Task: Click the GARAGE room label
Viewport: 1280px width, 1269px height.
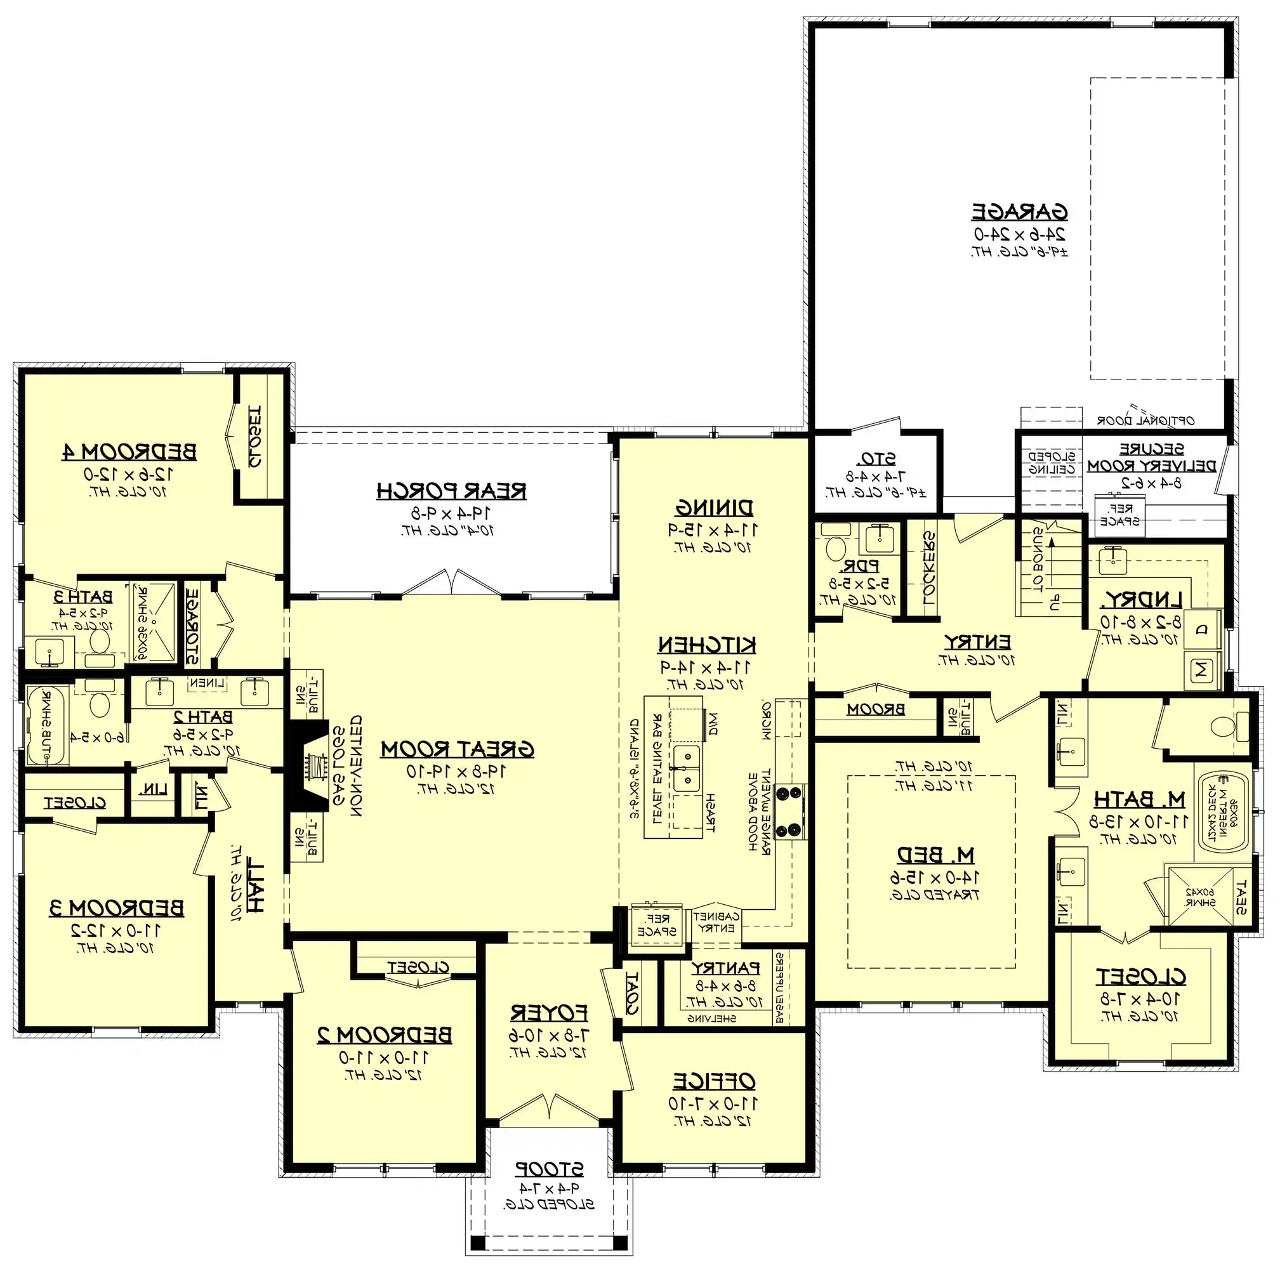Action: point(1020,212)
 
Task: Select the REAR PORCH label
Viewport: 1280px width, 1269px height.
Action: point(451,490)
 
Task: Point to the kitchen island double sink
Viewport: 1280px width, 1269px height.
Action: point(687,768)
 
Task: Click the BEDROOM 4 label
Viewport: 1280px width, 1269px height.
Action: point(129,452)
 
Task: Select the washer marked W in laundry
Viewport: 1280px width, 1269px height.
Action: point(1203,670)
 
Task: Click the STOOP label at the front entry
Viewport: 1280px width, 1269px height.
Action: point(549,1168)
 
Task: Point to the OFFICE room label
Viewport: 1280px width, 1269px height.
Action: point(713,1081)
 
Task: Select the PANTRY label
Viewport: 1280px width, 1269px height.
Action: point(725,968)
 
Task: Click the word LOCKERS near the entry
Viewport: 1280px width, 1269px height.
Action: point(929,568)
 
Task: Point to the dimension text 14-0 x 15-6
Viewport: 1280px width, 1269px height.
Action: point(935,877)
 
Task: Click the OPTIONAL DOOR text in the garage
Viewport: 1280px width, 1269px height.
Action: point(1145,420)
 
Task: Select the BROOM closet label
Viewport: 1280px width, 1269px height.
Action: point(876,709)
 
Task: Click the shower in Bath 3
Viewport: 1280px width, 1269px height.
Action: point(153,622)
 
